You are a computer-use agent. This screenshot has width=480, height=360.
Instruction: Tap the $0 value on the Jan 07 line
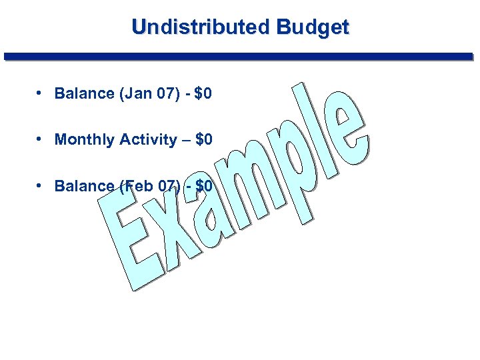point(203,93)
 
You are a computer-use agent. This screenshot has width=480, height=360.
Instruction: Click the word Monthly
point(85,140)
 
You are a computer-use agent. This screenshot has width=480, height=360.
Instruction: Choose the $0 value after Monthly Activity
point(203,140)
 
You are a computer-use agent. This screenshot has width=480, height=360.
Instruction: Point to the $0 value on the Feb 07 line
point(203,186)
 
